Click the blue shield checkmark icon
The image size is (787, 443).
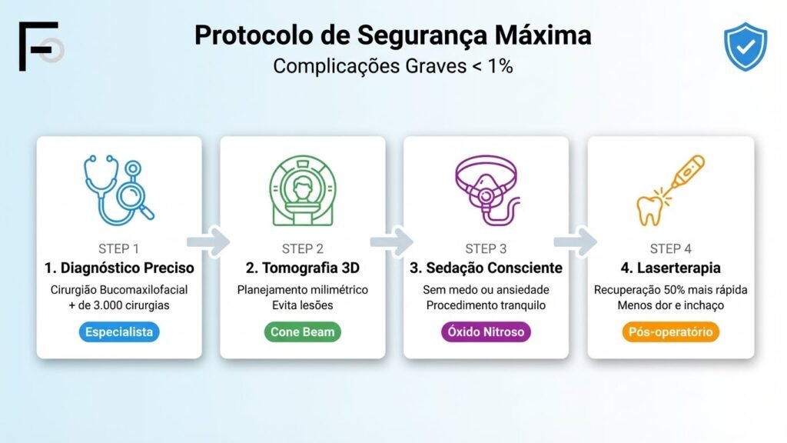click(x=745, y=47)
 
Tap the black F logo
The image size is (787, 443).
click(x=38, y=47)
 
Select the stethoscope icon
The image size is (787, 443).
click(x=118, y=191)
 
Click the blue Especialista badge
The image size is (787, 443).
click(x=118, y=332)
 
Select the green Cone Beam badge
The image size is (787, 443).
click(x=302, y=332)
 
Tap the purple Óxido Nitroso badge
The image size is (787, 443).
click(x=486, y=332)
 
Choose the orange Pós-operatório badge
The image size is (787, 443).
click(x=670, y=332)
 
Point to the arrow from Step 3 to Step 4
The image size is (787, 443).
click(x=577, y=241)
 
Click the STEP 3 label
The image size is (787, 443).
click(x=486, y=248)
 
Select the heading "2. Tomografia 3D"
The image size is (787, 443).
click(x=302, y=268)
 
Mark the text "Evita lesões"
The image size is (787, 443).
click(x=302, y=305)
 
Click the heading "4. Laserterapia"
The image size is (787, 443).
click(x=670, y=268)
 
